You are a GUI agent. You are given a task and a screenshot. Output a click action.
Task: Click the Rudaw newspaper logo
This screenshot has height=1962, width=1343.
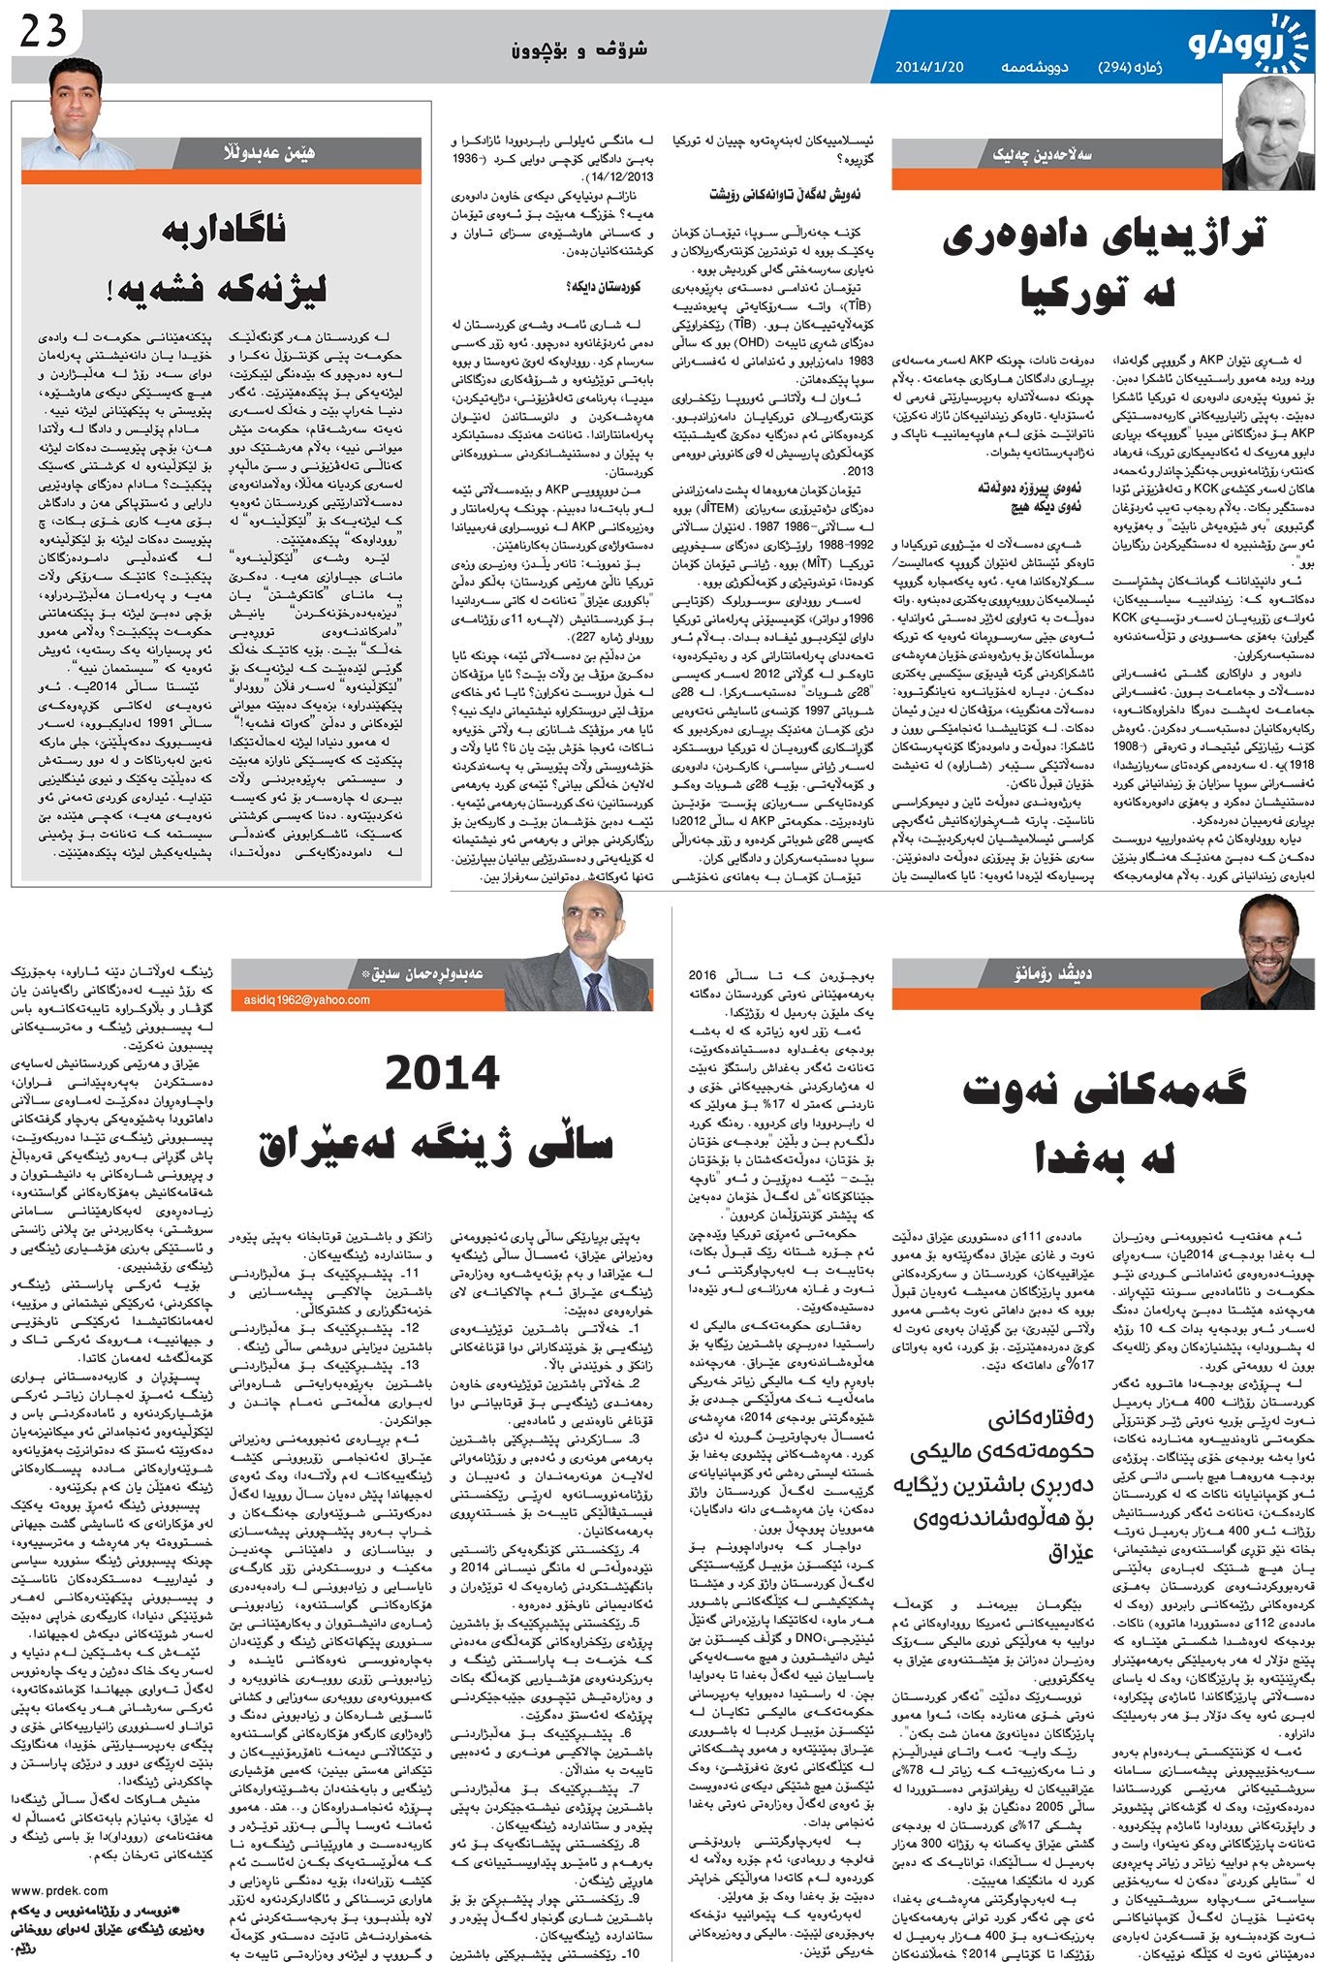point(1249,41)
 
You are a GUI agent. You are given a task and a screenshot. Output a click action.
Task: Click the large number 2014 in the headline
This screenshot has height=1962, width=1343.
point(442,1074)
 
